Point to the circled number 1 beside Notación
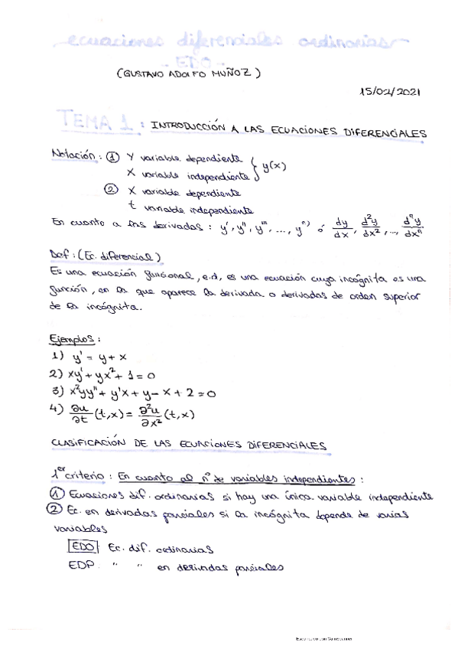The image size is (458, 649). (112, 157)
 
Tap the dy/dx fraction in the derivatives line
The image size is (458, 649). (341, 229)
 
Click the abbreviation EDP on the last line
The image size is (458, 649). (80, 566)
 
